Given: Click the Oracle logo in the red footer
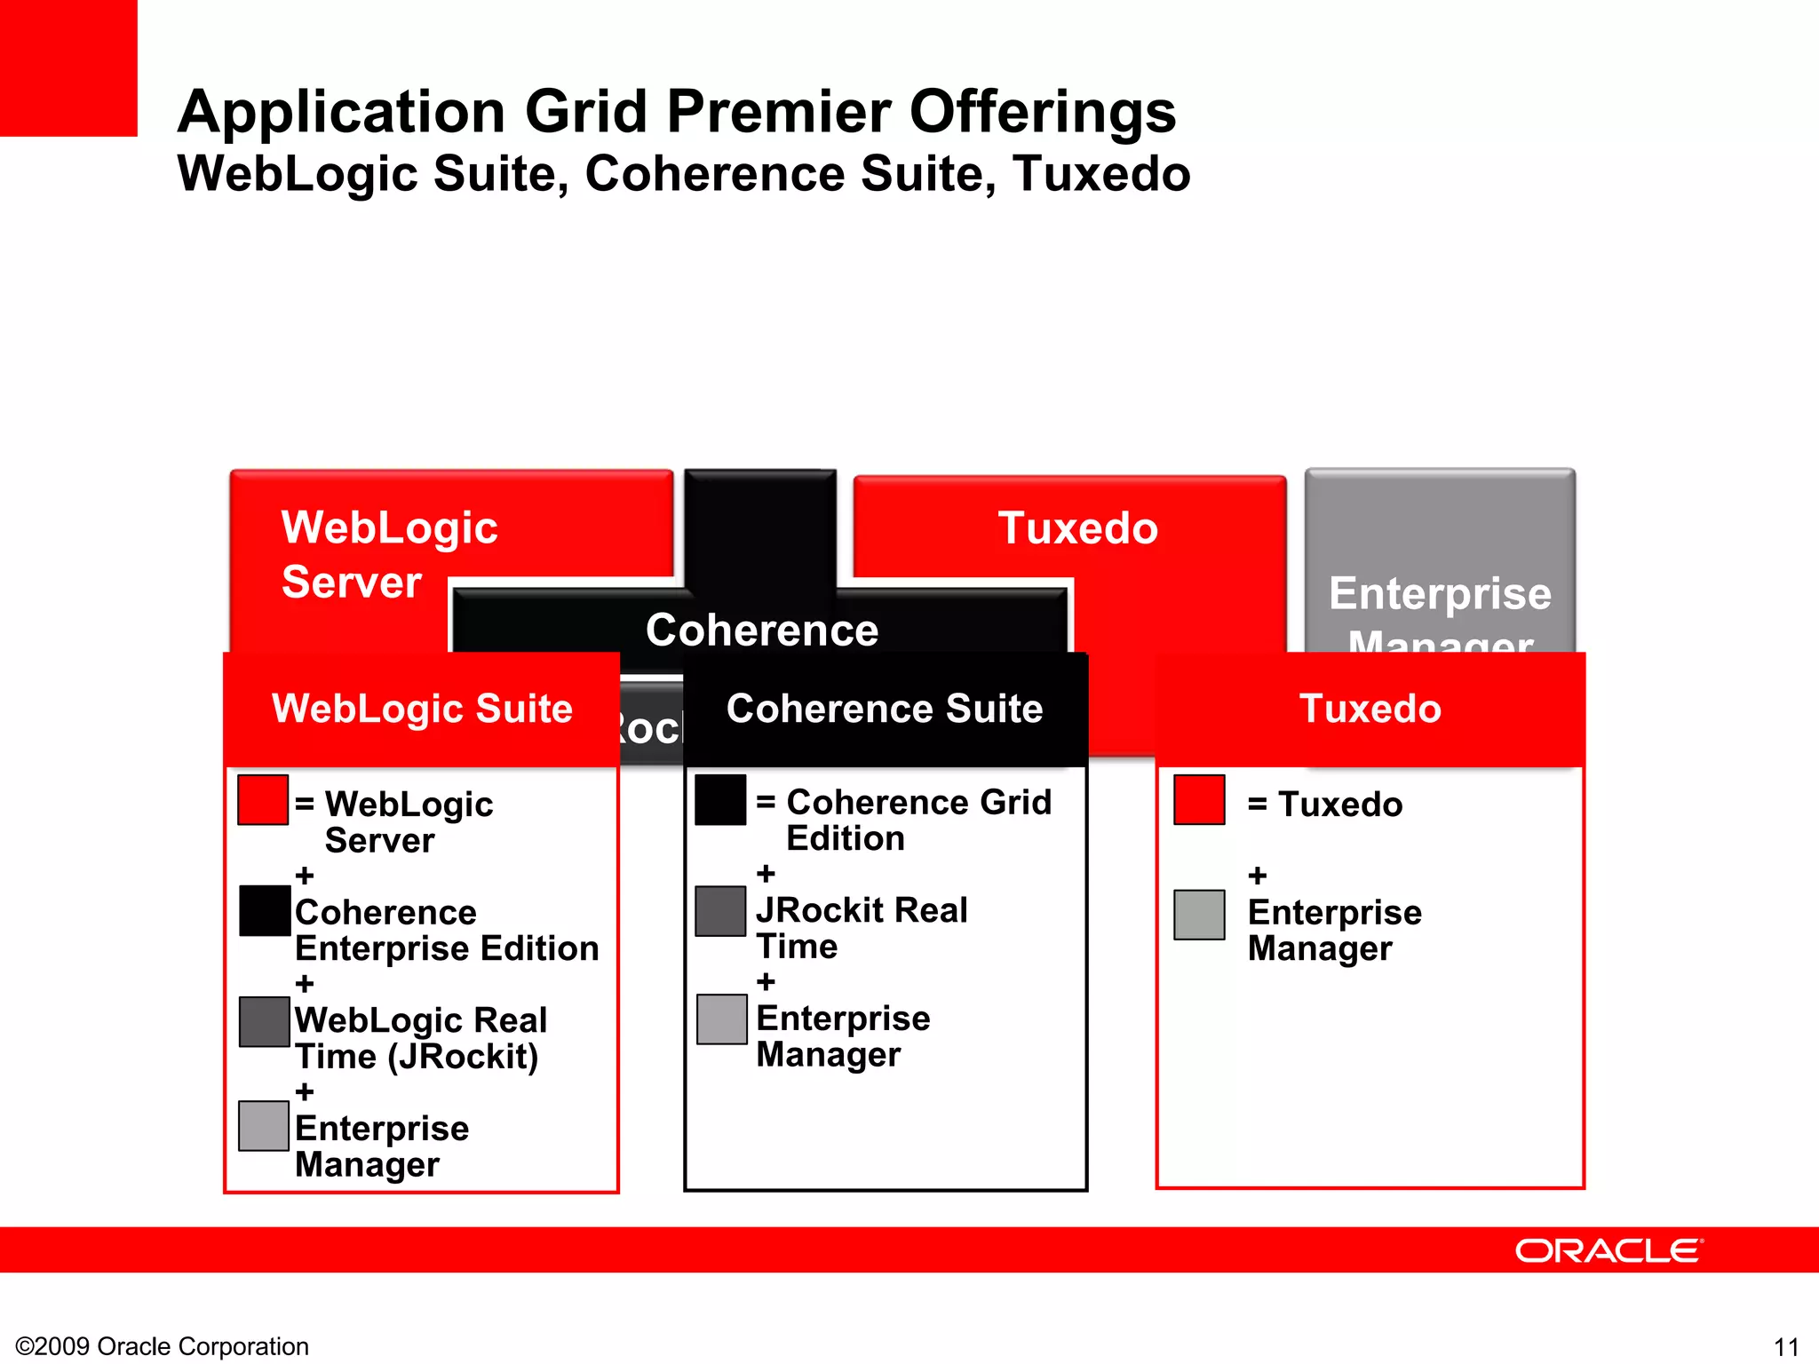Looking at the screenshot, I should pyautogui.click(x=1609, y=1250).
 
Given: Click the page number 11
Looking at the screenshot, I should pyautogui.click(x=1786, y=1347).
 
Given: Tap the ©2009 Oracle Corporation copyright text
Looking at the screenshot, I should pyautogui.click(x=163, y=1346).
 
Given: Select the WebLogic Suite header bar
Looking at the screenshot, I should pyautogui.click(x=422, y=709).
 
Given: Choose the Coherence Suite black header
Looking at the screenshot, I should pyautogui.click(x=885, y=709).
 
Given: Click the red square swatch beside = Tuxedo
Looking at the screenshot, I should pyautogui.click(x=1199, y=799).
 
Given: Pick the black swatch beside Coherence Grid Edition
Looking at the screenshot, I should pyautogui.click(x=720, y=799).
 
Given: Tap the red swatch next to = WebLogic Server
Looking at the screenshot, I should pyautogui.click(x=263, y=799).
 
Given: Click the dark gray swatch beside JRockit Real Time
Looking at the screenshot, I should pyautogui.click(x=720, y=910).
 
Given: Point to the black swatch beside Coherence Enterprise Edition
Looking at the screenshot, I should pyautogui.click(x=265, y=910).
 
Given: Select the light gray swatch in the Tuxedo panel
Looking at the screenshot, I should pyautogui.click(x=1199, y=914).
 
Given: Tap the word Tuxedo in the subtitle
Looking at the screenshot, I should pyautogui.click(x=1101, y=173).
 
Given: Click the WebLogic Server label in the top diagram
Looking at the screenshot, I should pyautogui.click(x=389, y=554).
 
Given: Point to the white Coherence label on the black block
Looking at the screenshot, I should pyautogui.click(x=762, y=630).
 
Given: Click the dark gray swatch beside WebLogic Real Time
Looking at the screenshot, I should pyautogui.click(x=265, y=1021).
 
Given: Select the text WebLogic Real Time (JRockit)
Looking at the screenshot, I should pyautogui.click(x=420, y=1038).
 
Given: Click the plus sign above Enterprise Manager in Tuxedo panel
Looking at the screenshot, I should pyautogui.click(x=1258, y=876).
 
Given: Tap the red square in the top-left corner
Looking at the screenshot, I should pyautogui.click(x=68, y=67).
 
